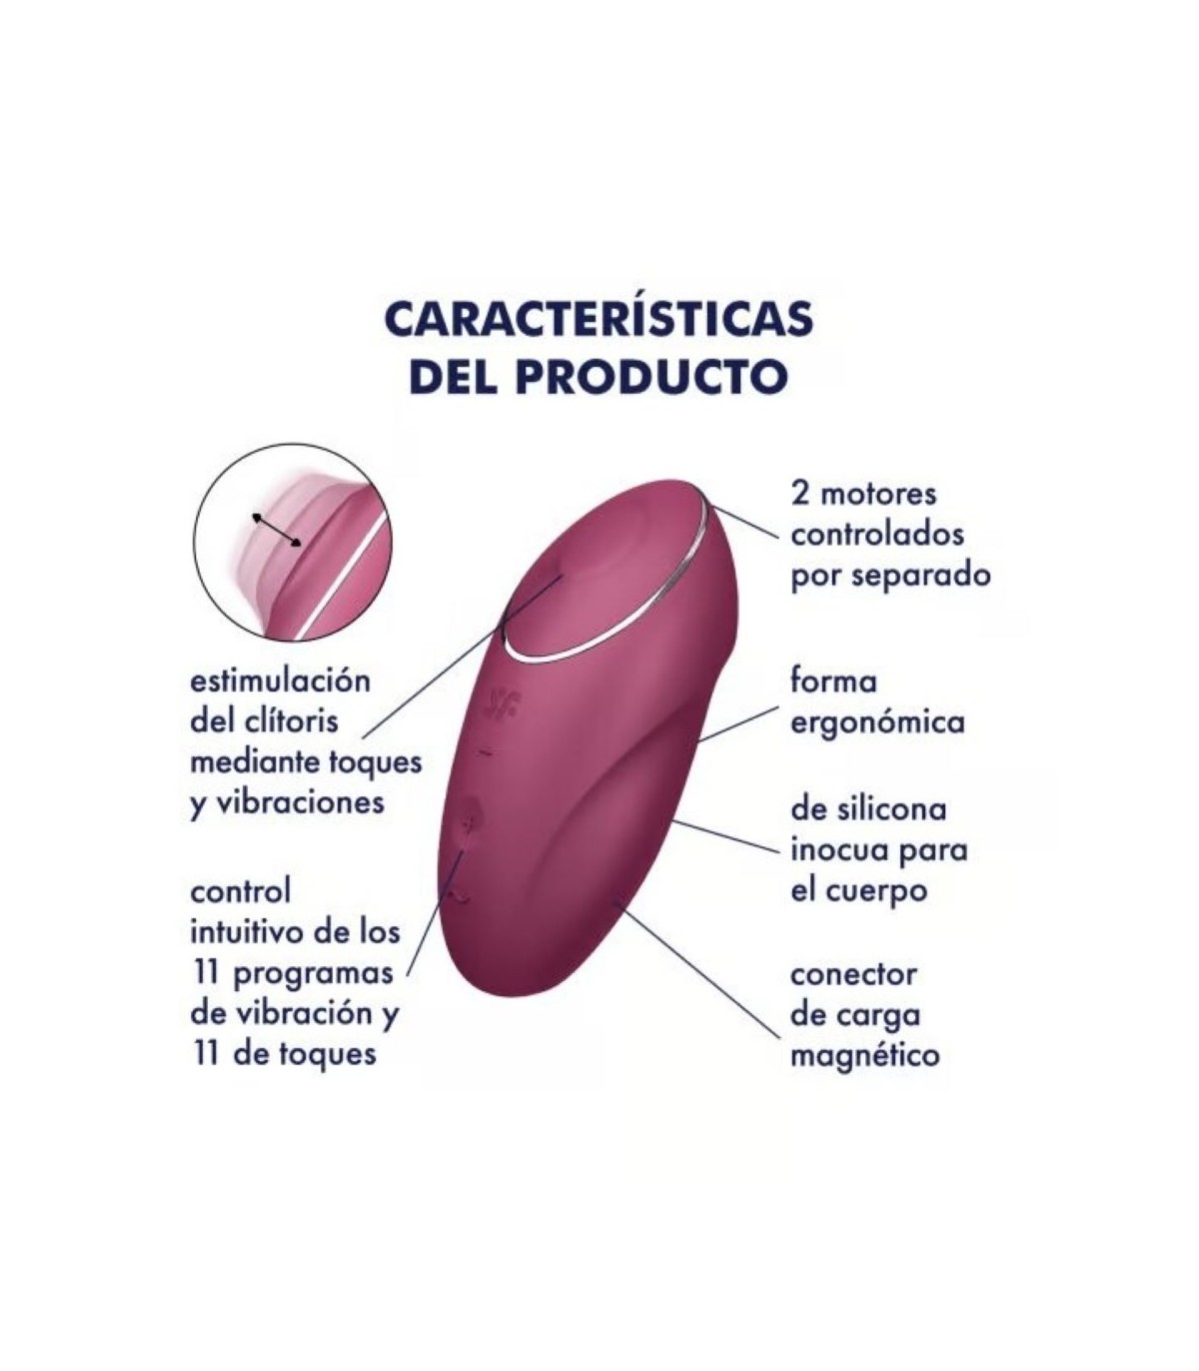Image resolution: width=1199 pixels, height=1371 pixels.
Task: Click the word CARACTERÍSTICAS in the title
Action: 599,319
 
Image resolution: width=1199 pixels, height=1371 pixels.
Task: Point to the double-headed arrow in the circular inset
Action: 277,530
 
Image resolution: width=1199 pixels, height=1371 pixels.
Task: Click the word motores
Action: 878,496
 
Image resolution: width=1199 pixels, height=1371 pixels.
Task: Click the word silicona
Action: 894,809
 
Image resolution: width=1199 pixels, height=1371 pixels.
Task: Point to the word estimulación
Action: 281,682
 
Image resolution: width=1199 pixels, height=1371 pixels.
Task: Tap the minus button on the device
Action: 485,753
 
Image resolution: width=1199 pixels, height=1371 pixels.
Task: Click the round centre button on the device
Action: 471,816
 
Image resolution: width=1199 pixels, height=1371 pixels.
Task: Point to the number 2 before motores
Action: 799,496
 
